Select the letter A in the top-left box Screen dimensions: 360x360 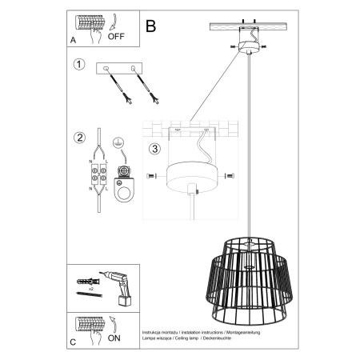click(x=74, y=38)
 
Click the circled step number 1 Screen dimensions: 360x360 click(x=78, y=64)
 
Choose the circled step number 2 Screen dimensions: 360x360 click(x=78, y=137)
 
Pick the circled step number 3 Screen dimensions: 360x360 click(x=154, y=147)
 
